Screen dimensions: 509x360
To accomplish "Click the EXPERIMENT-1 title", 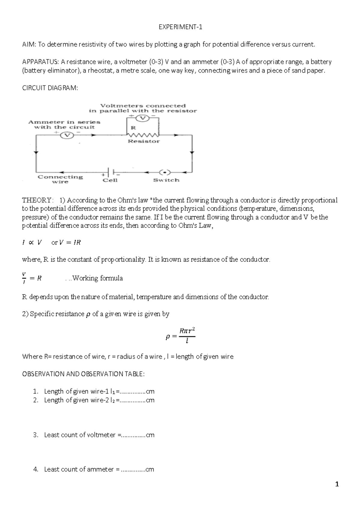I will click(180, 27).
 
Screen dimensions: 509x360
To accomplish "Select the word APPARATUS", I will click(40, 62).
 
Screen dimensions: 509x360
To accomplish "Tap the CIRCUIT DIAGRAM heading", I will click(50, 88).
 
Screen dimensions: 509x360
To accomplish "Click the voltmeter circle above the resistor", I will click(143, 118).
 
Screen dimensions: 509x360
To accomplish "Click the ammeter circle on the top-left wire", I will click(67, 135).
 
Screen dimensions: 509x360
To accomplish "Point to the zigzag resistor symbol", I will click(143, 135).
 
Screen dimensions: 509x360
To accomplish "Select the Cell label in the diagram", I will click(110, 180).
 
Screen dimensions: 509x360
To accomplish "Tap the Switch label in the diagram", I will click(166, 180).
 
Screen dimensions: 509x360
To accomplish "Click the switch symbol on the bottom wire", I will click(165, 173).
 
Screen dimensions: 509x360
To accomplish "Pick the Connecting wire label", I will click(60, 179).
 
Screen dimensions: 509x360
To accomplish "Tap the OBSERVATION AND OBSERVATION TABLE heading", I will click(83, 374).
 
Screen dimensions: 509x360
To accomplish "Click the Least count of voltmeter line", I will click(99, 435).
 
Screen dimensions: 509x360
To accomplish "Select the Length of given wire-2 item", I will click(99, 400).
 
